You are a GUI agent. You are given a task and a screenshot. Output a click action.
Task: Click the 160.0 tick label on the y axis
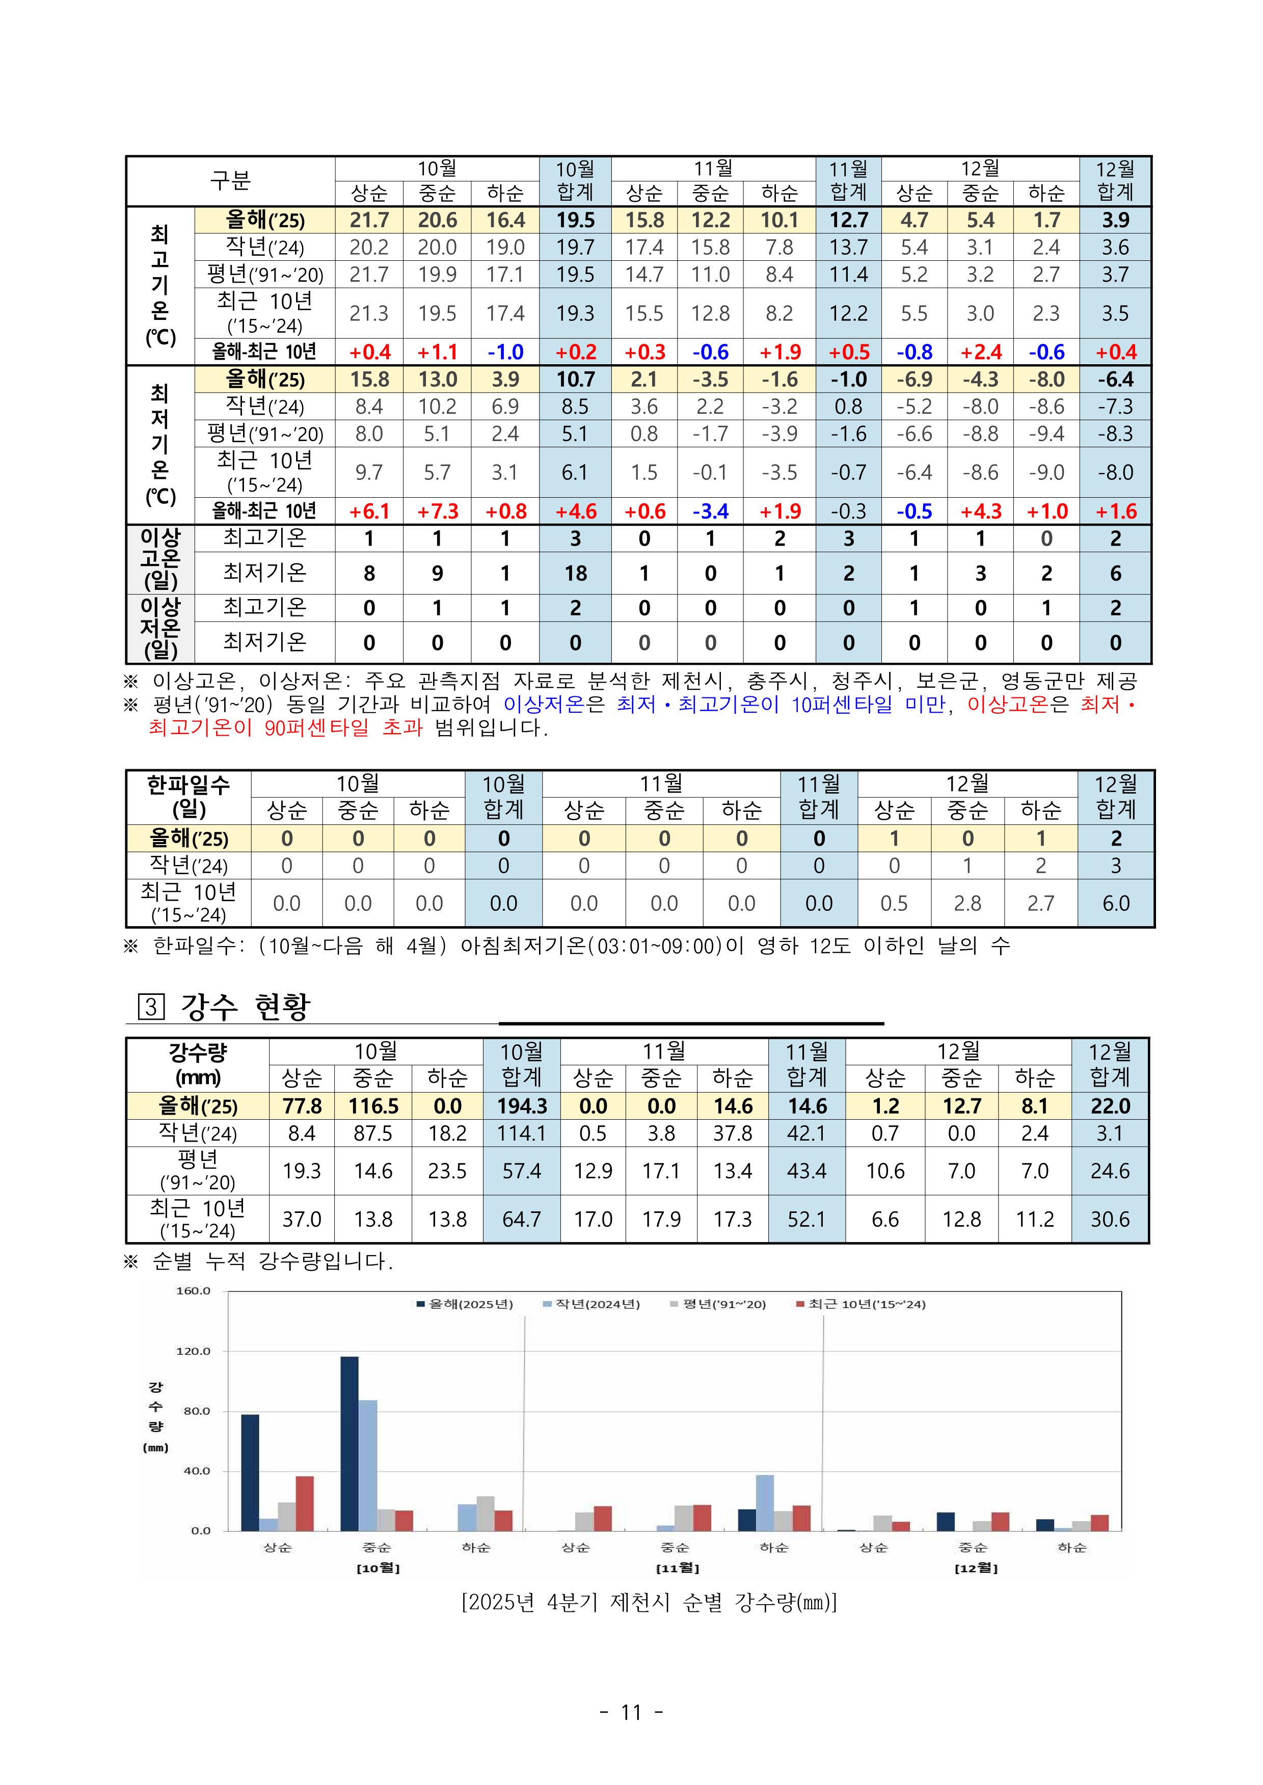coord(193,1291)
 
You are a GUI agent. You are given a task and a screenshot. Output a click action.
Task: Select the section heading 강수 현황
coord(245,1007)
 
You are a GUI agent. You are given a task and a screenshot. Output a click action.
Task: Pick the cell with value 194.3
coord(522,1106)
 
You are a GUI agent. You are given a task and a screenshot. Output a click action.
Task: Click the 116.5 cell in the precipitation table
coord(373,1106)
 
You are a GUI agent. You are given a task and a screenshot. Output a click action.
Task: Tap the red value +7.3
coord(438,511)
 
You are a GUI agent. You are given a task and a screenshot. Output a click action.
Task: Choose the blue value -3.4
coord(710,511)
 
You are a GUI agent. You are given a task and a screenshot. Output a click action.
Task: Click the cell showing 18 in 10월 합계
coord(576,574)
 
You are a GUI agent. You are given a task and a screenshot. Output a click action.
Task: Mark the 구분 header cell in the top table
coord(230,181)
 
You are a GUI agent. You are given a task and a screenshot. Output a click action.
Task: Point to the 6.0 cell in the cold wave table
coord(1115,903)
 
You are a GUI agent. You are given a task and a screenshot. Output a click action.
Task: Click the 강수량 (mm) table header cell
coord(198,1064)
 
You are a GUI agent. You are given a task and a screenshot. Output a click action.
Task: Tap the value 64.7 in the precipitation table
coord(521,1219)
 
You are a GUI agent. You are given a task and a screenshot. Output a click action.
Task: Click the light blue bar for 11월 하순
coord(765,1503)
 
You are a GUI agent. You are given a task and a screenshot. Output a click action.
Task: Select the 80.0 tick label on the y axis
coord(197,1411)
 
